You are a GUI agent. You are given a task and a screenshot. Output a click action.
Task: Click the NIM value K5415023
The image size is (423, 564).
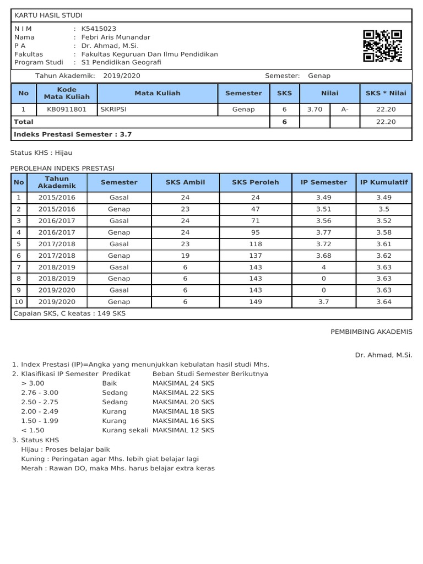[99, 29]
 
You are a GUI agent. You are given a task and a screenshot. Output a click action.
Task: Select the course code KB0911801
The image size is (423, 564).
[67, 110]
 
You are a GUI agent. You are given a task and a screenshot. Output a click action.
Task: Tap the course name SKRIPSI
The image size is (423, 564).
[113, 110]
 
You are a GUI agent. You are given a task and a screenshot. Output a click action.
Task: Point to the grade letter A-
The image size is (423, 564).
[345, 110]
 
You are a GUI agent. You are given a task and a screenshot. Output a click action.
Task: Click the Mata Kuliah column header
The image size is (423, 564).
[158, 93]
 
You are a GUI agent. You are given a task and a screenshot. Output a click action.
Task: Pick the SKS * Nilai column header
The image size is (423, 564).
[386, 93]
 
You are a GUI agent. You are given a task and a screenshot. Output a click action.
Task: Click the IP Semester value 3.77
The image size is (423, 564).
[324, 232]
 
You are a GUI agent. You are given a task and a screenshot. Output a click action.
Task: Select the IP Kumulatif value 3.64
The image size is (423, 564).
[384, 302]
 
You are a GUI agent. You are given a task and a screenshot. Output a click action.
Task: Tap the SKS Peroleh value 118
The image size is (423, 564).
[255, 244]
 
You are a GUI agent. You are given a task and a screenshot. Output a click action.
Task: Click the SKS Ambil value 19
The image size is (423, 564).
[185, 256]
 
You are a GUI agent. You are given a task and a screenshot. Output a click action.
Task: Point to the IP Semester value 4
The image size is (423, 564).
[324, 267]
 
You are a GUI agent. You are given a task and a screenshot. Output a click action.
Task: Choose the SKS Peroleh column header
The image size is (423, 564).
[255, 182]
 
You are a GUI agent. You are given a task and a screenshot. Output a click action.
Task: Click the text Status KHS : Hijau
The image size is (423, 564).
[41, 153]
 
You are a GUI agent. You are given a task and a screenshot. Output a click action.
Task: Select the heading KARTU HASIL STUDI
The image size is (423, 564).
[48, 15]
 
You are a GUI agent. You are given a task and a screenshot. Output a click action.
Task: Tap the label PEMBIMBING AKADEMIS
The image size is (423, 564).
[371, 332]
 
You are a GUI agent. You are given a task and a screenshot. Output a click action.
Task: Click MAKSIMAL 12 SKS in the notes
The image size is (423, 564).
[183, 430]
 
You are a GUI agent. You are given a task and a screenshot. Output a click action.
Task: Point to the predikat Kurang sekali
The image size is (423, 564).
[125, 430]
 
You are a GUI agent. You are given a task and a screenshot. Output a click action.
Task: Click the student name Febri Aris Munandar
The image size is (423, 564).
[116, 37]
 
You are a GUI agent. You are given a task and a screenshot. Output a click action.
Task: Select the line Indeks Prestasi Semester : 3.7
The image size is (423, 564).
[73, 134]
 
